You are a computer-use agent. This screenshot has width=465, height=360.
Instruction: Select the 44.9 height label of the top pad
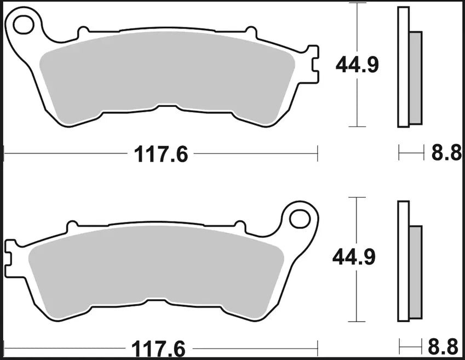(x=357, y=65)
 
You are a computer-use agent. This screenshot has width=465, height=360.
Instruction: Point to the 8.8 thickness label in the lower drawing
(x=445, y=347)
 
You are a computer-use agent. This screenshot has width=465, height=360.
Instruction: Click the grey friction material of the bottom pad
(x=156, y=268)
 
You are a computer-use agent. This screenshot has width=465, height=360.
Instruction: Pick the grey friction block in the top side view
(x=415, y=77)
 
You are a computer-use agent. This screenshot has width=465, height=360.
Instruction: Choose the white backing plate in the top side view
(x=404, y=66)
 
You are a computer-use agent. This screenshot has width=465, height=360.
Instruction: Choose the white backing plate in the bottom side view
(x=404, y=260)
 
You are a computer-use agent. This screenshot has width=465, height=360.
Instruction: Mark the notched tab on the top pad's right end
(x=313, y=65)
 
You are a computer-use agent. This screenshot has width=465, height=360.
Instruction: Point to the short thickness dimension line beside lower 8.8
(x=412, y=346)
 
